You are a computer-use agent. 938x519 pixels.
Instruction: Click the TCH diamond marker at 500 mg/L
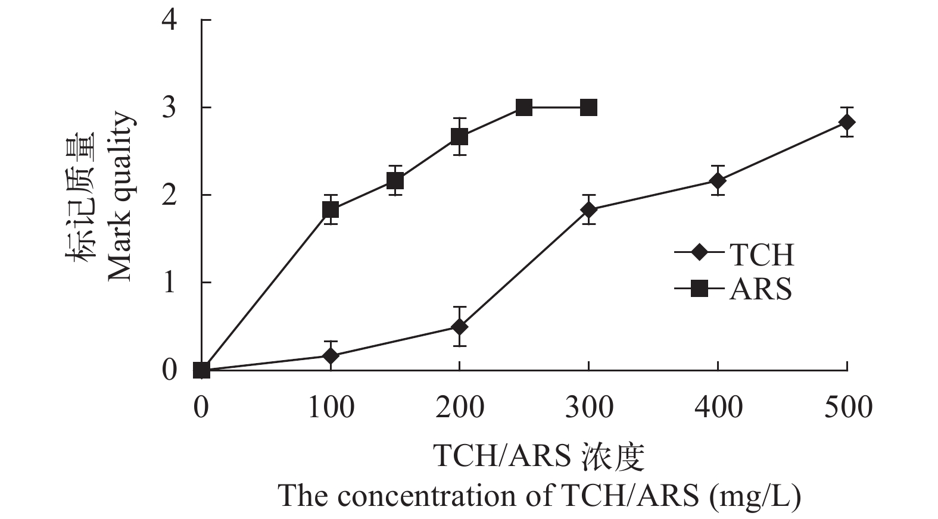[847, 122]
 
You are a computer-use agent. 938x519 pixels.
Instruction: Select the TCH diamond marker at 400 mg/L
[718, 180]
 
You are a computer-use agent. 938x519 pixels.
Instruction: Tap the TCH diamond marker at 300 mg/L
[588, 210]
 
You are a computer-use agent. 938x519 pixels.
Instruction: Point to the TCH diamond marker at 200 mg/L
[459, 327]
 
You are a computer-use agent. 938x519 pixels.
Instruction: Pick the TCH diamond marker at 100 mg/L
[331, 356]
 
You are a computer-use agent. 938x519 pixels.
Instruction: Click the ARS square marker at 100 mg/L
[331, 210]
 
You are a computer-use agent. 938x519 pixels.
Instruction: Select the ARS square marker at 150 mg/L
[395, 180]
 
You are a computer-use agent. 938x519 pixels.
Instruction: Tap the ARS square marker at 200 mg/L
[459, 137]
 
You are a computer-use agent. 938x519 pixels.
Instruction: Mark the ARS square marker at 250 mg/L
[524, 108]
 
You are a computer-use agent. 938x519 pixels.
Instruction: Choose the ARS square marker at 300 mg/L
[588, 108]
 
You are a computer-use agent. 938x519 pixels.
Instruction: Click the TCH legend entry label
[762, 254]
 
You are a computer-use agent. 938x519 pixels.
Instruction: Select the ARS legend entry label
[761, 289]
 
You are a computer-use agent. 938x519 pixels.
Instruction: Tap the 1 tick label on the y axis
[170, 282]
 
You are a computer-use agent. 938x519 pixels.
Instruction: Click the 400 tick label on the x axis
[718, 408]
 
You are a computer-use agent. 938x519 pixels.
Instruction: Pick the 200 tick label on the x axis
[459, 408]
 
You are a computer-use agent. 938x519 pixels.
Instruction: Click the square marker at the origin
[202, 370]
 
